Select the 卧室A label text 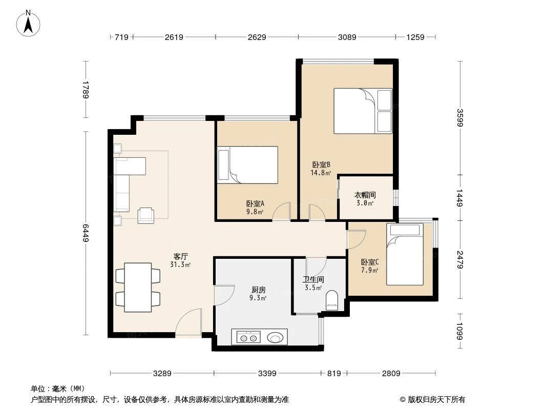pyautogui.click(x=255, y=203)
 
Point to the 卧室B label pyautogui.click(x=321, y=165)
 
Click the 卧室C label pyautogui.click(x=369, y=262)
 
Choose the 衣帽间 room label pyautogui.click(x=365, y=195)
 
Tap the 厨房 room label pyautogui.click(x=258, y=289)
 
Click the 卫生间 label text pyautogui.click(x=312, y=279)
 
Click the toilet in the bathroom pyautogui.click(x=332, y=300)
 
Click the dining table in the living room pyautogui.click(x=138, y=287)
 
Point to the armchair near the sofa pyautogui.click(x=146, y=215)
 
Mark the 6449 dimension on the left pyautogui.click(x=87, y=233)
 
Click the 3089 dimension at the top pyautogui.click(x=346, y=37)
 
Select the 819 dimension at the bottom pyautogui.click(x=333, y=374)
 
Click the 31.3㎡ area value pyautogui.click(x=180, y=265)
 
